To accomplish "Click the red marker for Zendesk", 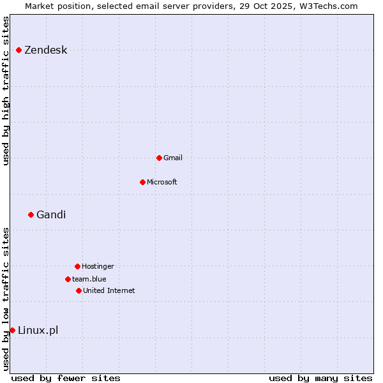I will (x=19, y=50).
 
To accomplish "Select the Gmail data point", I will (x=159, y=158).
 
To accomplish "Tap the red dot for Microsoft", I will (x=142, y=182).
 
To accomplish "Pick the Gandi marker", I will (x=31, y=214).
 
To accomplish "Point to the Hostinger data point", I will (x=77, y=266).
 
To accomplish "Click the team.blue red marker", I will (x=68, y=279).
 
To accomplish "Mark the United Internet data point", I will (x=79, y=290).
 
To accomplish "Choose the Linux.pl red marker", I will (x=12, y=330).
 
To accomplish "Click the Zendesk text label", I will (x=45, y=50).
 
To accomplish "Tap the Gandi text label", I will (x=51, y=214).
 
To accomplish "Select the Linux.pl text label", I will (x=38, y=330).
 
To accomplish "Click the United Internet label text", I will (x=109, y=290).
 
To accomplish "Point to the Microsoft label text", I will (x=161, y=182).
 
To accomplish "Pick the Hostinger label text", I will (x=98, y=266).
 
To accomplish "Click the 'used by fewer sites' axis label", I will (x=66, y=378).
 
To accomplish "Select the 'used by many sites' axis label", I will (x=320, y=378).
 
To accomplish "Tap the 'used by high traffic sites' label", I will (x=6, y=91).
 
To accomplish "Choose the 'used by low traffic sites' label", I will (x=6, y=298).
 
